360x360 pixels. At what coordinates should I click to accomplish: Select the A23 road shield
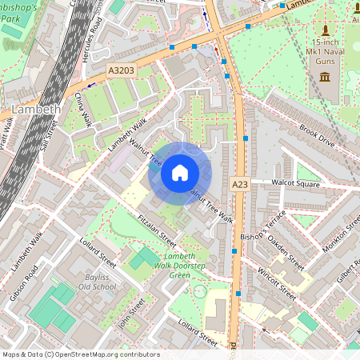239,184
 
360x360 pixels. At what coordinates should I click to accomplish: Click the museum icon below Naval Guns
324,76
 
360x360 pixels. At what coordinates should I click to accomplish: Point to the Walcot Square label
295,183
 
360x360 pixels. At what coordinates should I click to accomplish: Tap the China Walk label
83,110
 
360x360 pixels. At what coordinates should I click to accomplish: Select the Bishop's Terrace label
263,228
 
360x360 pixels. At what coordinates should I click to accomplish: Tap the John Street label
131,313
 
